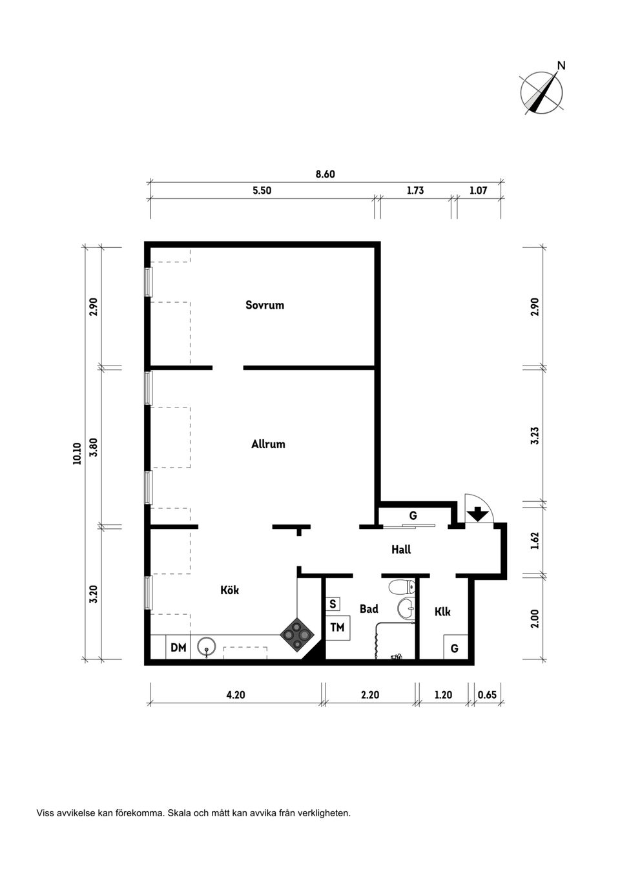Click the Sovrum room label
[x=265, y=305]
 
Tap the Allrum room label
[x=268, y=444]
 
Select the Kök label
[x=230, y=590]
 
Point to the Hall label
[x=401, y=550]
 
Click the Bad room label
[x=369, y=609]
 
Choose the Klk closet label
[x=442, y=612]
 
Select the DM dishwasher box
[x=178, y=648]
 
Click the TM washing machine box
[x=338, y=628]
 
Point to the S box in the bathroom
[x=333, y=604]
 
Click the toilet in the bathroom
[x=402, y=586]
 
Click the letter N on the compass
[x=562, y=65]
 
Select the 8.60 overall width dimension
[x=325, y=174]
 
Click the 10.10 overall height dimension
[x=77, y=453]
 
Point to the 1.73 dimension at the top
[x=415, y=191]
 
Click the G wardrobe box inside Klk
[x=455, y=647]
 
